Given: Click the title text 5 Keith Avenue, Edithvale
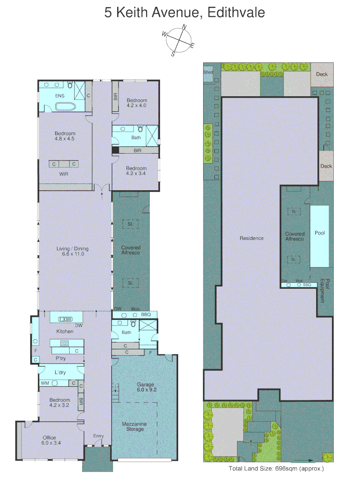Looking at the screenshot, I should coord(185,12).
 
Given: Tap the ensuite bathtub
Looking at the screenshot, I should coord(66,107).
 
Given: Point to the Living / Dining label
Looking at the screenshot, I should coord(72,251).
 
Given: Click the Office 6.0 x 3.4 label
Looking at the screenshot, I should coord(49,440).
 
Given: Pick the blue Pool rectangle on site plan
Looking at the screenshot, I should coord(320,236).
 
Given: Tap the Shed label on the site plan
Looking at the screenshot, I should coord(208,72).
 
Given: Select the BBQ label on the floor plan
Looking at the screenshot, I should coord(146,314).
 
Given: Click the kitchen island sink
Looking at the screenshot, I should coord(66,319).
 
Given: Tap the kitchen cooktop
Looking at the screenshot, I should coord(65,343).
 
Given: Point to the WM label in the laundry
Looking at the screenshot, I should coord(45,383).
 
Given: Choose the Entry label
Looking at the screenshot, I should coord(98,436).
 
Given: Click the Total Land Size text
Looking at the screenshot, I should coord(276,469).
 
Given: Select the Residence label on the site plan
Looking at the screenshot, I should coord(251,238).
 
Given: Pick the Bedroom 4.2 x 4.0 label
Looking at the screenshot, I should coord(137,103).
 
